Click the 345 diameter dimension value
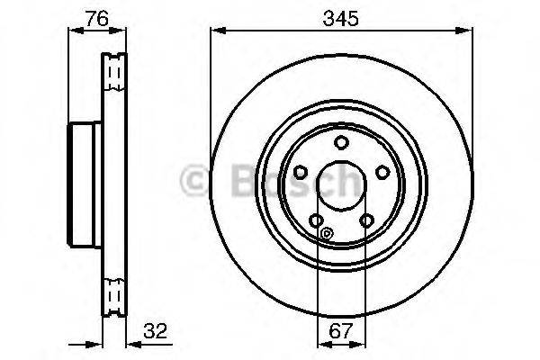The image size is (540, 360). click(x=341, y=18)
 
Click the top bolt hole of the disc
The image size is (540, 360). click(x=341, y=142)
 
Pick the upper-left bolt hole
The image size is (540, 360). click(x=301, y=172)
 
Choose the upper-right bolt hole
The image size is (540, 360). click(x=382, y=172)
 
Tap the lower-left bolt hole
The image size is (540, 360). click(x=316, y=220)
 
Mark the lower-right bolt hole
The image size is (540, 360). click(x=366, y=220)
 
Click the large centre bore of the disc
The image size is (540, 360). click(x=341, y=185)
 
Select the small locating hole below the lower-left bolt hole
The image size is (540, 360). click(x=326, y=236)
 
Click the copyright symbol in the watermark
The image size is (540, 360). click(x=196, y=183)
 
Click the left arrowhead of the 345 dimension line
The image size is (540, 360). click(x=215, y=31)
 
